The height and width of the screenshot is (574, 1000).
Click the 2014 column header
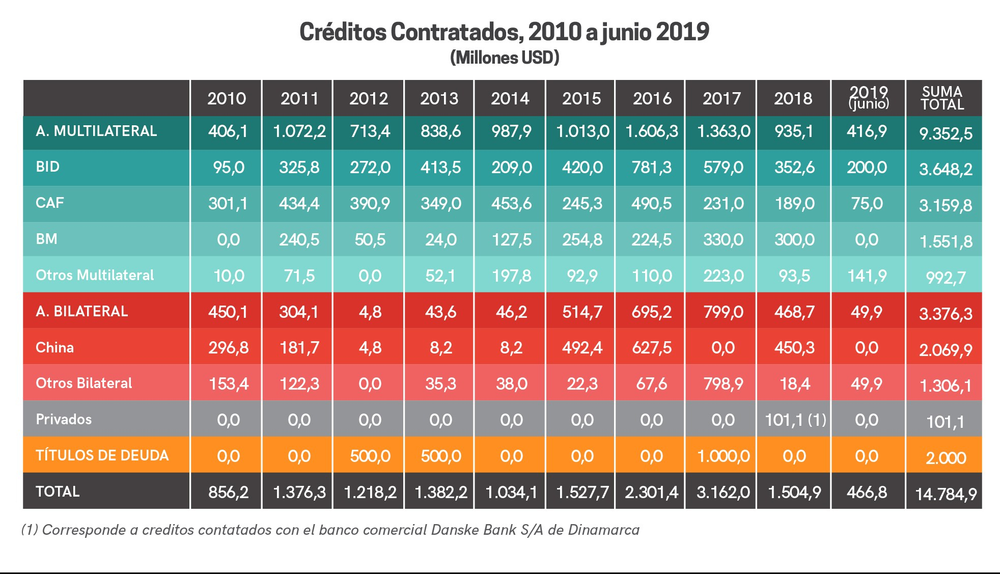tap(510, 98)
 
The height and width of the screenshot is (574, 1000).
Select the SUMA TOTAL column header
tap(942, 98)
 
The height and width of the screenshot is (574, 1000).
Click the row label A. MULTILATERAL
tap(96, 131)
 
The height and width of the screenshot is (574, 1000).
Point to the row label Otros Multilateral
tap(95, 276)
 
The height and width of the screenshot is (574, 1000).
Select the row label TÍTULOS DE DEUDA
tap(102, 455)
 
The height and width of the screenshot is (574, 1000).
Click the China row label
tap(54, 348)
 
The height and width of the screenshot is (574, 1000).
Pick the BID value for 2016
tap(651, 168)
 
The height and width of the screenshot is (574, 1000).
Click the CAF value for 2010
tap(228, 204)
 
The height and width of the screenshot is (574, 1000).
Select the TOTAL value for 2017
tap(723, 492)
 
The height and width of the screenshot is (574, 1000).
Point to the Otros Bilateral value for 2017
tap(723, 384)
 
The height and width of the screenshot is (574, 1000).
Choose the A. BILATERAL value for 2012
tap(370, 312)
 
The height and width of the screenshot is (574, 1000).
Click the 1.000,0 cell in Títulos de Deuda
tap(723, 456)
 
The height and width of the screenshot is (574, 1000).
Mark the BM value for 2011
tap(299, 240)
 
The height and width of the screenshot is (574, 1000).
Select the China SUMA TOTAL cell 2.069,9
tap(946, 350)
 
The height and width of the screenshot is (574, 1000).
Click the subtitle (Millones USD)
tap(505, 58)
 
